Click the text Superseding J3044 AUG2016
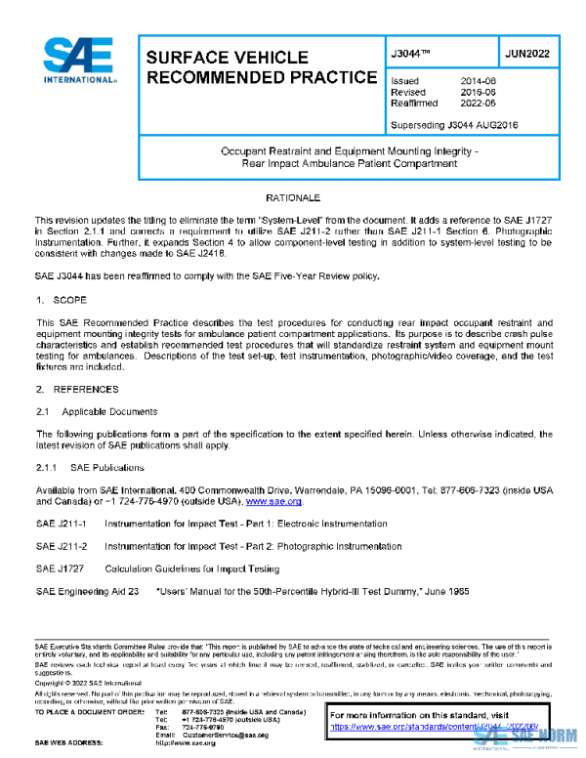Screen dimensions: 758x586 453,125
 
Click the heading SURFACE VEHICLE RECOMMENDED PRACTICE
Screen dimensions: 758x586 260,67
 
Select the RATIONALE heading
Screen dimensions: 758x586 293,198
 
